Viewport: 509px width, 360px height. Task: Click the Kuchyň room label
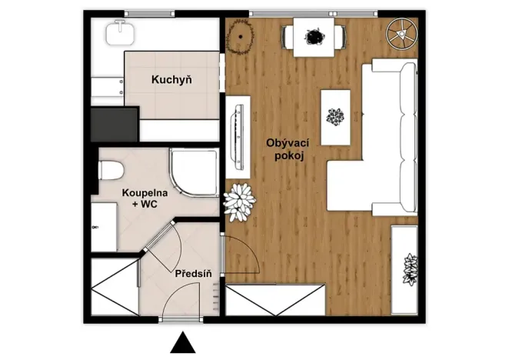coord(171,78)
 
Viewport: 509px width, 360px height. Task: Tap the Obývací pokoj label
coord(288,149)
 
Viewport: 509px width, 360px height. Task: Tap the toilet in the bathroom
coord(108,168)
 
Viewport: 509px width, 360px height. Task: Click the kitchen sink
coord(121,32)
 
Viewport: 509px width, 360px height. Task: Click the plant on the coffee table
coord(335,118)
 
